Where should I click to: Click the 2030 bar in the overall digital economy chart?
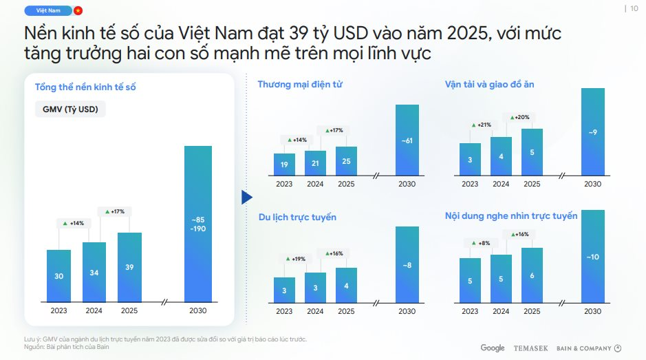pyautogui.click(x=197, y=224)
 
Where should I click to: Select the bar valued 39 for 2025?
pyautogui.click(x=129, y=267)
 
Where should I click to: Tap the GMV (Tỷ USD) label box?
pyautogui.click(x=69, y=109)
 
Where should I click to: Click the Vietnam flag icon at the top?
pyautogui.click(x=78, y=10)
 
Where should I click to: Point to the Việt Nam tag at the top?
pyautogui.click(x=47, y=10)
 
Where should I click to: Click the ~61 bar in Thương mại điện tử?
pyautogui.click(x=407, y=140)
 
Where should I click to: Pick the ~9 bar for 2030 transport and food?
pyautogui.click(x=592, y=131)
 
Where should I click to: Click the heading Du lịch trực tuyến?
pyautogui.click(x=297, y=218)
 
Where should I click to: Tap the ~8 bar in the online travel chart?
pyautogui.click(x=407, y=264)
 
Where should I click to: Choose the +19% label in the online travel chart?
pyautogui.click(x=297, y=259)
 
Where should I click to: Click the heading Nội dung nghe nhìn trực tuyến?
pyautogui.click(x=511, y=216)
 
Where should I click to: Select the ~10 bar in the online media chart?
pyautogui.click(x=592, y=256)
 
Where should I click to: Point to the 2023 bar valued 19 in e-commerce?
pyautogui.click(x=284, y=165)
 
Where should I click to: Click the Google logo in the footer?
pyautogui.click(x=493, y=348)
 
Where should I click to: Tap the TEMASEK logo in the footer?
pyautogui.click(x=530, y=348)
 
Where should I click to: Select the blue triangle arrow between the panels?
pyautogui.click(x=247, y=198)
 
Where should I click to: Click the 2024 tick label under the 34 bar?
pyautogui.click(x=94, y=310)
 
